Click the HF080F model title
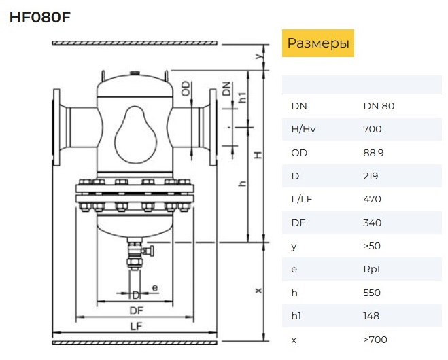tap(40, 18)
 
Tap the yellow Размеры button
tap(318, 43)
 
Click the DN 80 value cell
tap(379, 106)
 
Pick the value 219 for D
tap(371, 176)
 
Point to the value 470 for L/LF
tap(373, 199)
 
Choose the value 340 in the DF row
tap(373, 223)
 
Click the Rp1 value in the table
tap(372, 269)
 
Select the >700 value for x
tap(375, 340)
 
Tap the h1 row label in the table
tap(296, 316)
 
